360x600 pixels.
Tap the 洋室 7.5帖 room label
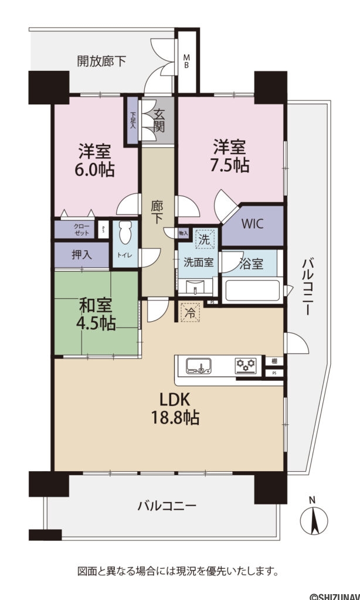(x=230, y=155)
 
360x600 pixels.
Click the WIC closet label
(x=253, y=224)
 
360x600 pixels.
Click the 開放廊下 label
(x=101, y=60)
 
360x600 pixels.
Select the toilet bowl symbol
(x=124, y=234)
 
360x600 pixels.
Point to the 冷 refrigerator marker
(x=191, y=312)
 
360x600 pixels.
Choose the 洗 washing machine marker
(x=205, y=238)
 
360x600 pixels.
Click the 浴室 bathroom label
(x=252, y=264)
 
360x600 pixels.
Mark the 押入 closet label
(x=81, y=255)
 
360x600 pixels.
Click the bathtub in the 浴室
(x=253, y=290)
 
